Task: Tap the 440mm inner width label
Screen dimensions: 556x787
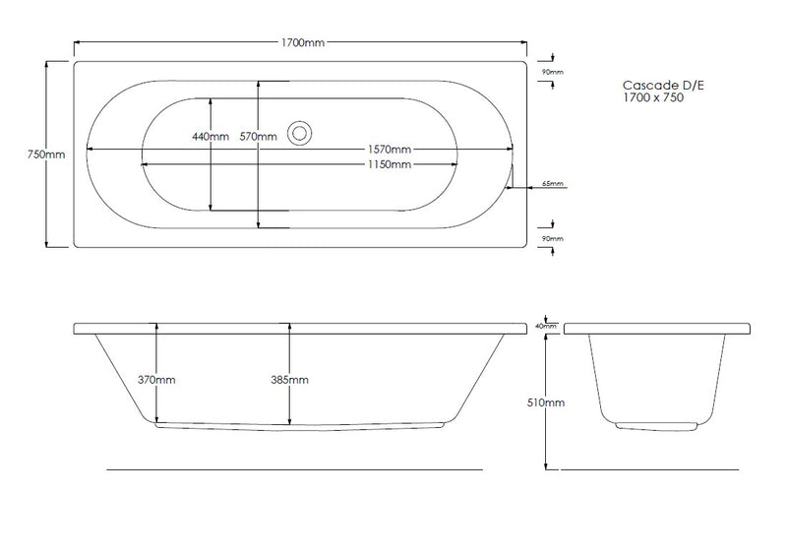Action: tap(211, 137)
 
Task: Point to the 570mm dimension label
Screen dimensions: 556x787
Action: tap(258, 137)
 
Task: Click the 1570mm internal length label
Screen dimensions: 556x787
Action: tap(390, 150)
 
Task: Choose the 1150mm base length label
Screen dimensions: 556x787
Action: tap(390, 164)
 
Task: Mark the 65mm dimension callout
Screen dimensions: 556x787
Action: tap(553, 184)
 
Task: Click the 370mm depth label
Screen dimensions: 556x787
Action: tap(156, 379)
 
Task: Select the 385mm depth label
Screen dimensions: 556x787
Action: tap(289, 379)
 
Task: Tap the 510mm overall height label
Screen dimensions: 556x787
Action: tap(548, 402)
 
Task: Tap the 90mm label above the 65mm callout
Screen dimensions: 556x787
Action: tap(552, 72)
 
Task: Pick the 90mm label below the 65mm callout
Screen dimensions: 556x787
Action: tap(552, 238)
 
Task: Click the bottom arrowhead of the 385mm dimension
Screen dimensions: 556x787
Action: tap(289, 424)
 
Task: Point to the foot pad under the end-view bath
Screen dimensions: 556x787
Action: tap(656, 427)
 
